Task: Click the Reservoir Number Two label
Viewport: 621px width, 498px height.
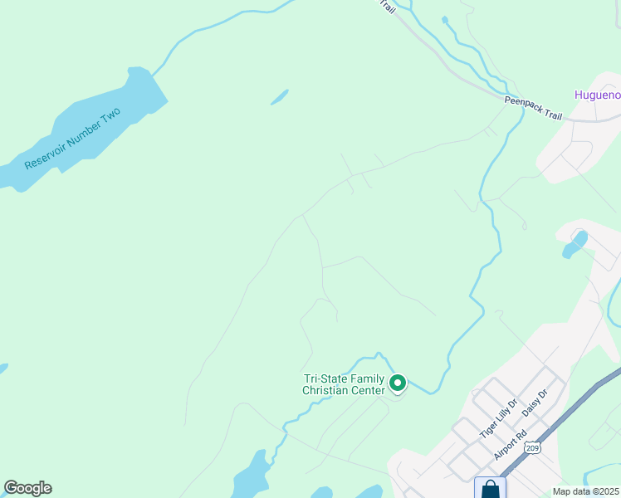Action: pyautogui.click(x=73, y=139)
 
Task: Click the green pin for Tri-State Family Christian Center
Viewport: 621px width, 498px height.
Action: pyautogui.click(x=398, y=383)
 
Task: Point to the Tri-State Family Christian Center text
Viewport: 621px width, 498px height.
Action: pyautogui.click(x=344, y=384)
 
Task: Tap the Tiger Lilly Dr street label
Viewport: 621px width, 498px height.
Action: pyautogui.click(x=498, y=418)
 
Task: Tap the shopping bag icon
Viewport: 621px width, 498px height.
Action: pyautogui.click(x=491, y=489)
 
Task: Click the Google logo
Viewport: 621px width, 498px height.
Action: pyautogui.click(x=27, y=488)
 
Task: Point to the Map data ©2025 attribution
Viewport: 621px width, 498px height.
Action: pyautogui.click(x=586, y=491)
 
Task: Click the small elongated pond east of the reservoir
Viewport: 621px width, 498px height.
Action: pyautogui.click(x=279, y=97)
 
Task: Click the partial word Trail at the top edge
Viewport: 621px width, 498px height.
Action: pyautogui.click(x=387, y=6)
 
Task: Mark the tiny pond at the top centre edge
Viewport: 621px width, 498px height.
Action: pyautogui.click(x=445, y=19)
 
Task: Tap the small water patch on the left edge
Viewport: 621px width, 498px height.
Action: pyautogui.click(x=2, y=368)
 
